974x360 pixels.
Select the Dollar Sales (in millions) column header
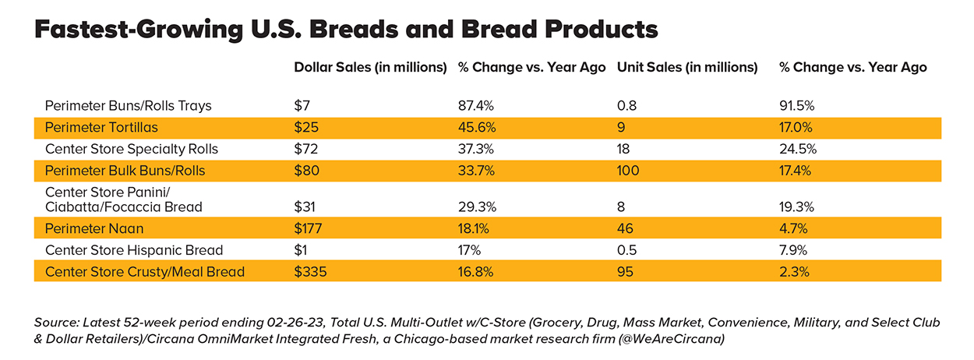tap(370, 67)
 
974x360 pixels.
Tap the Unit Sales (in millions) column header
tap(686, 67)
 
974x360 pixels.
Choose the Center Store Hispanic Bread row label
tap(134, 250)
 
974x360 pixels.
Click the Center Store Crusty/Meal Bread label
tap(145, 272)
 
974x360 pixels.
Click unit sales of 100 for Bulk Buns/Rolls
tap(628, 171)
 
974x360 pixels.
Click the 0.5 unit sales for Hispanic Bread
tap(626, 250)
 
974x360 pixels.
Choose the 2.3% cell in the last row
tap(792, 272)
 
